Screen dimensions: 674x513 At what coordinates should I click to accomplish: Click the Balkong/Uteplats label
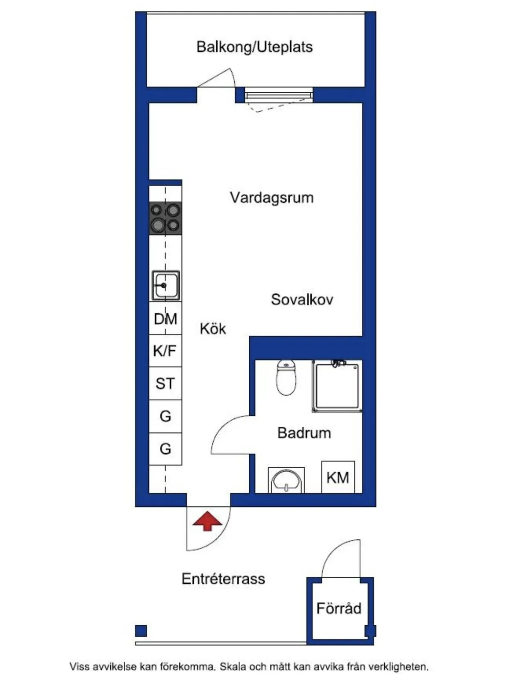coord(254,47)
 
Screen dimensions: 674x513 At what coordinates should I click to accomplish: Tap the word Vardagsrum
coord(271,198)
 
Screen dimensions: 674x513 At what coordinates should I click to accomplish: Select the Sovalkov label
coord(302,299)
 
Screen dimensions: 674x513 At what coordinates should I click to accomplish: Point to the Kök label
coord(212,328)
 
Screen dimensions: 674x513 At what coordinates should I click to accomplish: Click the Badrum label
coord(304,433)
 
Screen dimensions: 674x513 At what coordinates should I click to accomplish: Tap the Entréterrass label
coord(223,579)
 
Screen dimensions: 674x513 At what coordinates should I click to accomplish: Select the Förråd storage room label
coord(339,608)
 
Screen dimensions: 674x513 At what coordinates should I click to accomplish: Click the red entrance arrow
coord(207,521)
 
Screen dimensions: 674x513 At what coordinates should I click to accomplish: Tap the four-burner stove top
coord(165,219)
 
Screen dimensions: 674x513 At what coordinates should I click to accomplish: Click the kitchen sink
coord(165,285)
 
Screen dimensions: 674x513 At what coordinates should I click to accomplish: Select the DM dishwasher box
coord(165,319)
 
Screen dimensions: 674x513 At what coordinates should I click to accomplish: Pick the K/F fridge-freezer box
coord(165,351)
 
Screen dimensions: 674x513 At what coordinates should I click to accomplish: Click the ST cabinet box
coord(165,384)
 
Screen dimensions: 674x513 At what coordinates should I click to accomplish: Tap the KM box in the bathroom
coord(338,477)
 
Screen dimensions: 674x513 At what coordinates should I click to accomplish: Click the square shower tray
coord(337,386)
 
